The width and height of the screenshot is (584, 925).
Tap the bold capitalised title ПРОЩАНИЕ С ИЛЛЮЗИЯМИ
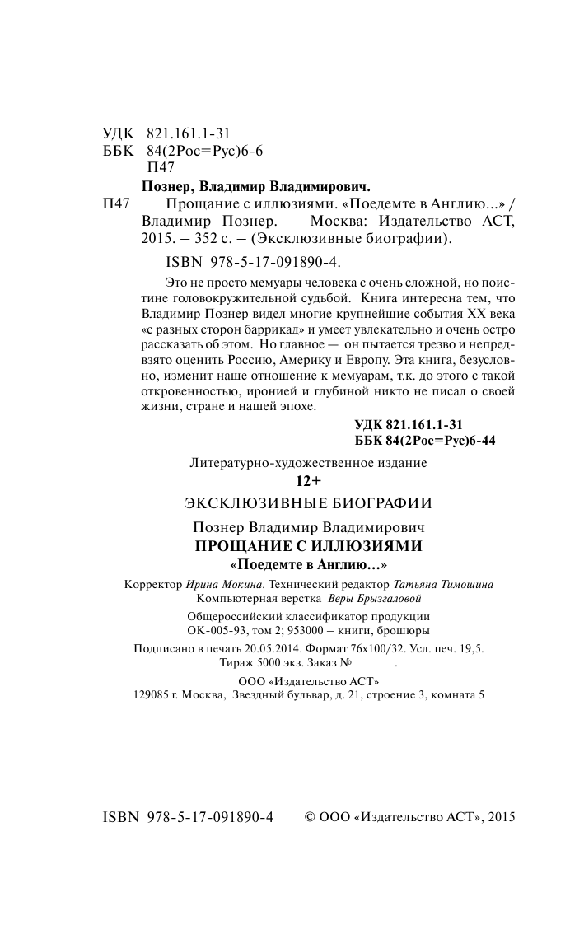pos(307,546)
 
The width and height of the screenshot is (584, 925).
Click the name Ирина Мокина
pos(220,584)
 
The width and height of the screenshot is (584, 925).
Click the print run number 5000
pos(273,663)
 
